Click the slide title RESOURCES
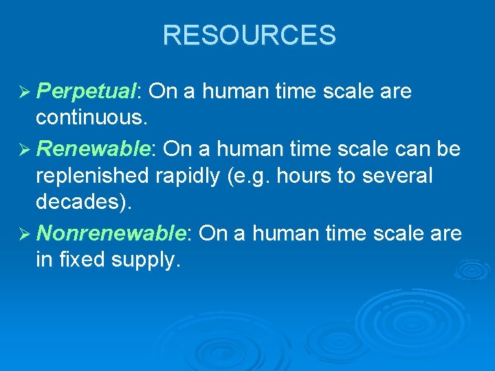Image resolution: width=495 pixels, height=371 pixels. (249, 35)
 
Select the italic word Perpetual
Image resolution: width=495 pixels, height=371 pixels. (87, 91)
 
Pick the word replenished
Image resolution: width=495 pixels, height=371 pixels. (92, 177)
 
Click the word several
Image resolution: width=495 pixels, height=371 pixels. (399, 176)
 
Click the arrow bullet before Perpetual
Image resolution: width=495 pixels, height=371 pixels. (23, 92)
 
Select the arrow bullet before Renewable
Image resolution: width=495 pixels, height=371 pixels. (23, 149)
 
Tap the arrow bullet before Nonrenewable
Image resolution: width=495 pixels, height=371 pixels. (23, 234)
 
